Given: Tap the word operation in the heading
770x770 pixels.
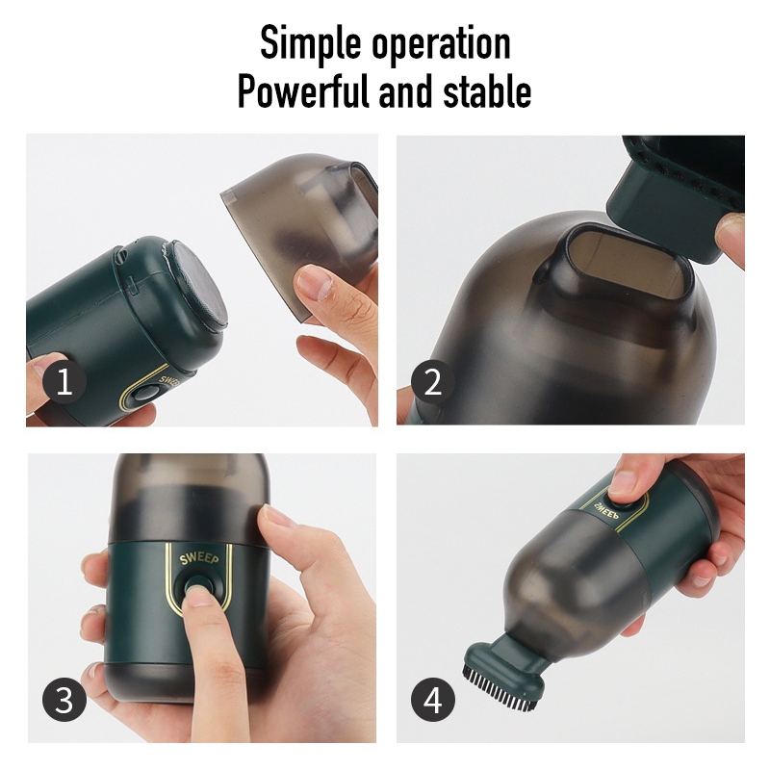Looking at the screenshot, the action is (x=441, y=43).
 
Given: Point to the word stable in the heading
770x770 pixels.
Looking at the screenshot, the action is (x=487, y=90).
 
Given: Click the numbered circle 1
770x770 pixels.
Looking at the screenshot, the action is (x=64, y=381).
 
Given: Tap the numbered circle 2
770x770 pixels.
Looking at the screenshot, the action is (x=432, y=381).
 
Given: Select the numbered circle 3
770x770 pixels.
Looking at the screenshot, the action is (x=64, y=700).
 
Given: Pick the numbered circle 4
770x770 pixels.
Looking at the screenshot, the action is (x=432, y=700).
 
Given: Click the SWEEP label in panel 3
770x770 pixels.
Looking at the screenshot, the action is (x=199, y=558).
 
